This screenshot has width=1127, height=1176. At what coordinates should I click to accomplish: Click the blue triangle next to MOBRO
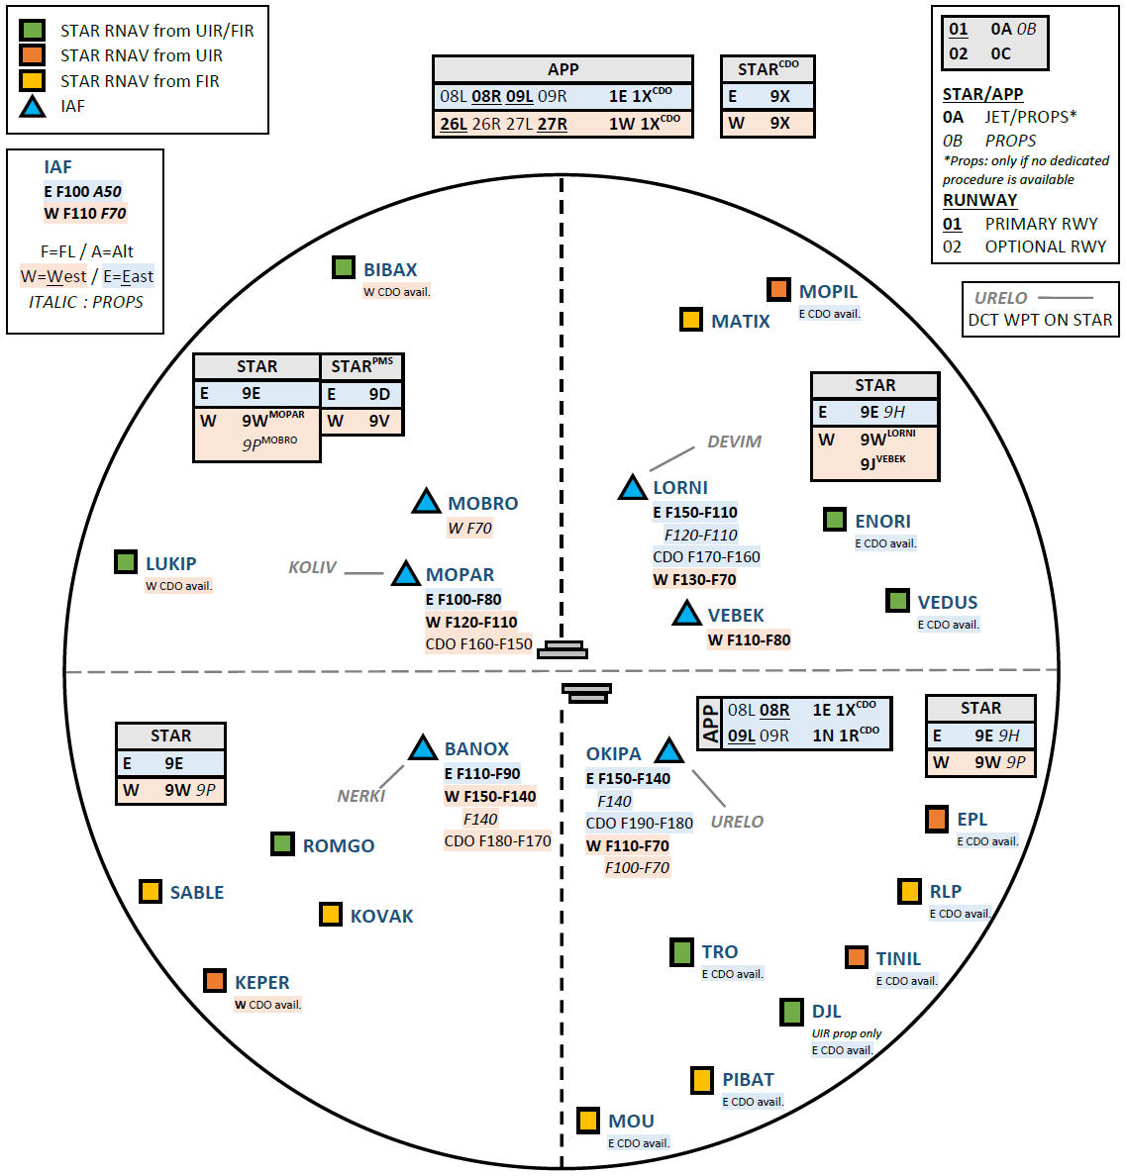click(426, 502)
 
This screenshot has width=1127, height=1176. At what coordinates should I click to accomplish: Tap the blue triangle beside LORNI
click(632, 487)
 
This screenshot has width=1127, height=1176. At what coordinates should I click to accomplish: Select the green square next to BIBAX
click(344, 267)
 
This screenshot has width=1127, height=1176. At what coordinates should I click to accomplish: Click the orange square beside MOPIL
click(778, 289)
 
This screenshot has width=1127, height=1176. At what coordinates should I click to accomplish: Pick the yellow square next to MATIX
click(691, 320)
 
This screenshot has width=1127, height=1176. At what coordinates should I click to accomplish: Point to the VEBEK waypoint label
click(736, 615)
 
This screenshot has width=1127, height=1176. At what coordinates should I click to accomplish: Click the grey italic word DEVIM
click(734, 441)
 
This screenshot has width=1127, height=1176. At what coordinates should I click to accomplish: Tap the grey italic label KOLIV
click(312, 567)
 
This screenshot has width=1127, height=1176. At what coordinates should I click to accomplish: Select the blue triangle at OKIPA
click(668, 750)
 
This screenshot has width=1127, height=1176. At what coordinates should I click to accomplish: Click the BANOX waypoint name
click(476, 748)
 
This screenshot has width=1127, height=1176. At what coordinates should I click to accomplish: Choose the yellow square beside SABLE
click(151, 891)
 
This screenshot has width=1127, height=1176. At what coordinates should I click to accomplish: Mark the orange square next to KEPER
click(215, 981)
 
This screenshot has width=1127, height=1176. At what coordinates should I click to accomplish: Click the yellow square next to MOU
click(588, 1120)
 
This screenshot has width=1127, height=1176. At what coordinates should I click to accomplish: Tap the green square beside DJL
click(791, 1012)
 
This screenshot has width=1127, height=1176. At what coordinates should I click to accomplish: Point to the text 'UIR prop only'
click(846, 1033)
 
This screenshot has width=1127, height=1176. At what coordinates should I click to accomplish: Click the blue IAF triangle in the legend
click(33, 106)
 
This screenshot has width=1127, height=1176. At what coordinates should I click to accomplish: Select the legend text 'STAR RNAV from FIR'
click(140, 81)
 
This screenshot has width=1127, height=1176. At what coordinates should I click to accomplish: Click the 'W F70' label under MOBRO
click(469, 528)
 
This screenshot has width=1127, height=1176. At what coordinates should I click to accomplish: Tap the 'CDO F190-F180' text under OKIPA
click(639, 823)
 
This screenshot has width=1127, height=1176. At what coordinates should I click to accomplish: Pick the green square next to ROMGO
click(282, 843)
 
